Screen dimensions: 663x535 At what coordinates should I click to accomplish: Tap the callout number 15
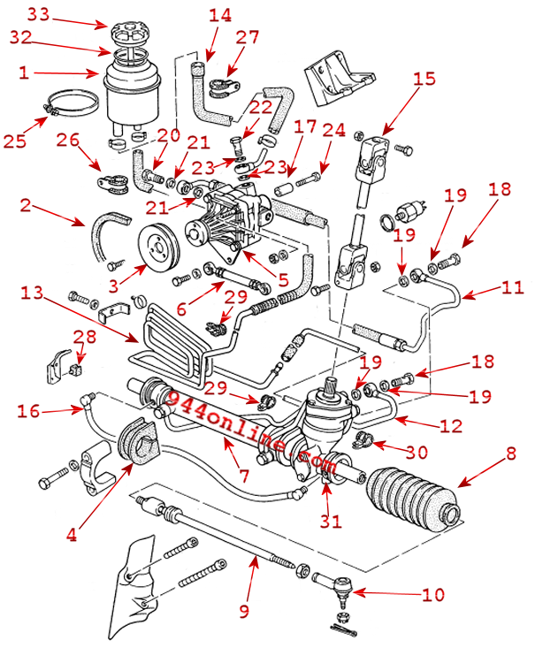click(x=424, y=78)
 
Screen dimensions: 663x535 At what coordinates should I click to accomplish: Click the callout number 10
click(x=433, y=595)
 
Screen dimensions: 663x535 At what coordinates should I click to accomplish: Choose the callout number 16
click(x=28, y=410)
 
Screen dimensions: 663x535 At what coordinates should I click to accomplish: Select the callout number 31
click(x=331, y=522)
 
